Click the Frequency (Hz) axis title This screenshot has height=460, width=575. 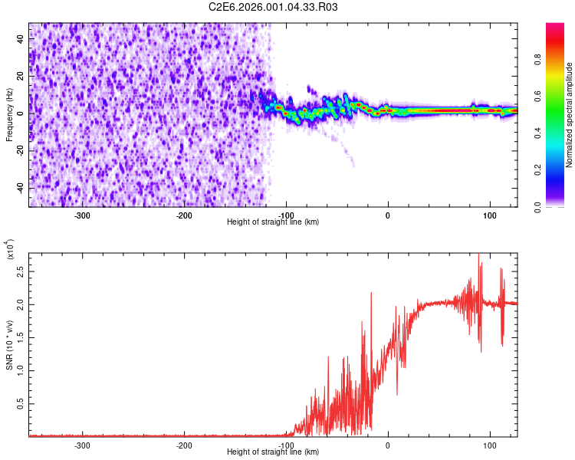[9, 115]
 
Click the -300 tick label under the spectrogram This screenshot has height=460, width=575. [82, 215]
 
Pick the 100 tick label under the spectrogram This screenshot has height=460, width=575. [489, 215]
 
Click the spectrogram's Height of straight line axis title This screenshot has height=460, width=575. [273, 222]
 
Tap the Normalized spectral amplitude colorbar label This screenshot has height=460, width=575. [570, 115]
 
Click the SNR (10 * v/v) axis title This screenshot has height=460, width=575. [9, 342]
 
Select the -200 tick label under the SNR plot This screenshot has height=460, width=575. [184, 445]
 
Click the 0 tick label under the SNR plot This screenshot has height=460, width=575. [388, 445]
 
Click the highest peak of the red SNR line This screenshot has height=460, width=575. [478, 255]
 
